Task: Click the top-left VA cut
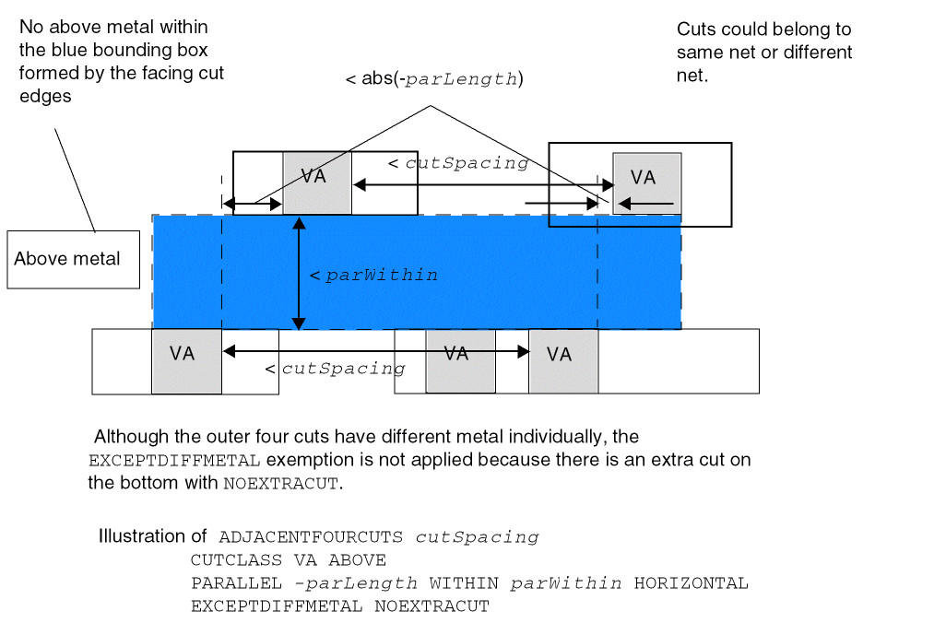pos(317,182)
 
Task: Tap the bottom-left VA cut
pos(186,360)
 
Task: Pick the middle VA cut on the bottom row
pos(460,360)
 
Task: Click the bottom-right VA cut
pos(562,360)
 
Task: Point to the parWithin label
pos(374,275)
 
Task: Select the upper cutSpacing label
pos(458,163)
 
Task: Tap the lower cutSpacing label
pos(336,369)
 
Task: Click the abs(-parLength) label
pos(434,79)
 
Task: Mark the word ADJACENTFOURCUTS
pos(313,537)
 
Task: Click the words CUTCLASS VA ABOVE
pos(288,560)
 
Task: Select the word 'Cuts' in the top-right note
pos(697,29)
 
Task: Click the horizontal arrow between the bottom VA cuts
pos(376,351)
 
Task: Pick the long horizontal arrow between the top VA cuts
pos(483,185)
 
